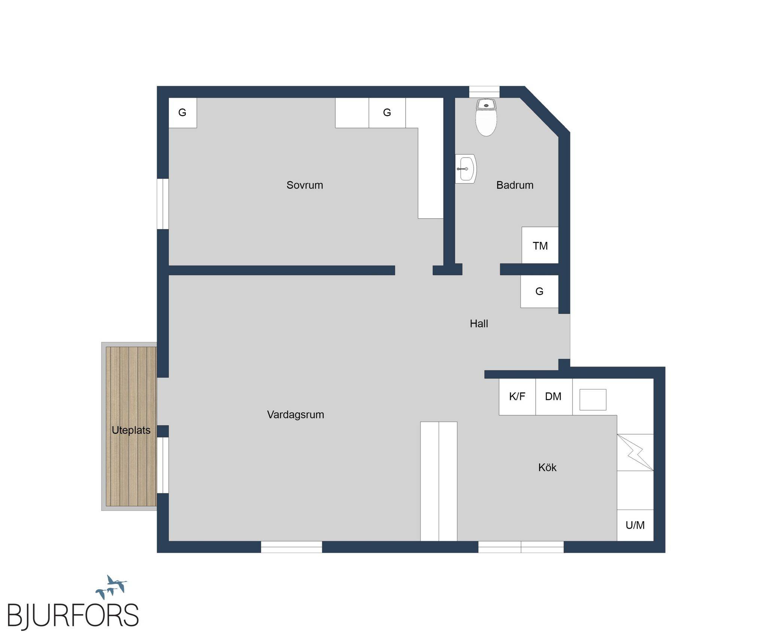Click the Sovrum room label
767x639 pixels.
[304, 185]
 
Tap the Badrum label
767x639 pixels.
[515, 185]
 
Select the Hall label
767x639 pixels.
[479, 323]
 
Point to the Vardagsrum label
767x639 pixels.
[295, 415]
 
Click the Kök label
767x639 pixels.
[547, 467]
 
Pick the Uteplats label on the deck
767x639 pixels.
[131, 430]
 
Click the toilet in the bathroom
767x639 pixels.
[486, 117]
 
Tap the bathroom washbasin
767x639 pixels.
[466, 169]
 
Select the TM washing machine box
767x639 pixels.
[540, 245]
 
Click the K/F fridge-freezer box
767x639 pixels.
[517, 397]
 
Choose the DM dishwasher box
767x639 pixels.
[554, 397]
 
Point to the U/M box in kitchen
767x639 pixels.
[635, 525]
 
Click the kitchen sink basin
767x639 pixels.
[593, 399]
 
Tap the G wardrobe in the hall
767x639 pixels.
[539, 292]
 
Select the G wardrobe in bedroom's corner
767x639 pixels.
[182, 113]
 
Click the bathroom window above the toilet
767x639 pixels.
[484, 92]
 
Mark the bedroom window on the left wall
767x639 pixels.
[163, 204]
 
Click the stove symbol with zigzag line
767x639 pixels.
[635, 453]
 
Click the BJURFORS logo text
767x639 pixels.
[73, 615]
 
